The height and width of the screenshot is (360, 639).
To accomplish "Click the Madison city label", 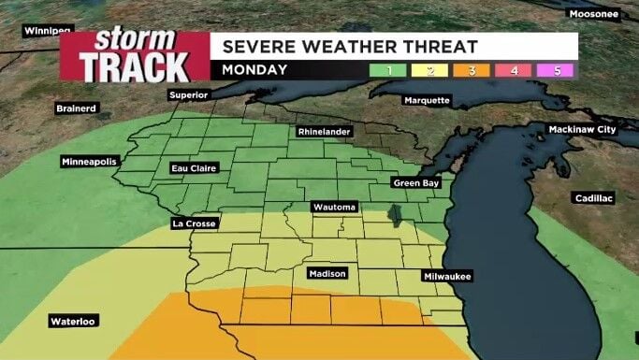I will (327, 274).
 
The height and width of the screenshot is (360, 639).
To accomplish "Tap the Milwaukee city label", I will (447, 276).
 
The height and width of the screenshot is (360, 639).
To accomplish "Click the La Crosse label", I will (195, 223).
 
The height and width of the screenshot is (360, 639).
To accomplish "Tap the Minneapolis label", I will (90, 162).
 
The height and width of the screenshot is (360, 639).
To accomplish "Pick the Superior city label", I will (188, 95).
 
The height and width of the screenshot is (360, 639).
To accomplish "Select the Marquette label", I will (427, 100).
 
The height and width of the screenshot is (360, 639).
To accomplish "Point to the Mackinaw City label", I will (582, 129).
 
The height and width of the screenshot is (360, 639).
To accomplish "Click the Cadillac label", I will (593, 198).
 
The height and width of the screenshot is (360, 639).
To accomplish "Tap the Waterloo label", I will (74, 322).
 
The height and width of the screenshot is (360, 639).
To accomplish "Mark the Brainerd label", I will (77, 108).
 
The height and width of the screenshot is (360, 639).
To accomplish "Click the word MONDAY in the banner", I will (249, 70).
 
